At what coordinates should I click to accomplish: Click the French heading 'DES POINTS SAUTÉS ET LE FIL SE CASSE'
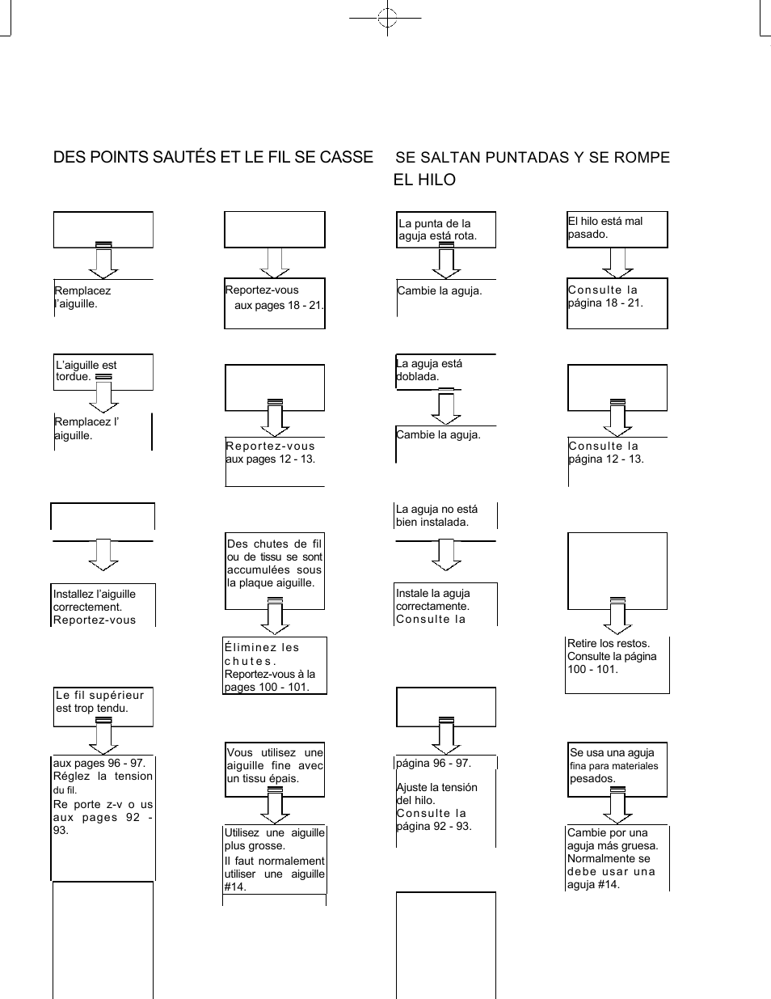pyautogui.click(x=213, y=157)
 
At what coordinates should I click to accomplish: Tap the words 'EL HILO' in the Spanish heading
pyautogui.click(x=424, y=180)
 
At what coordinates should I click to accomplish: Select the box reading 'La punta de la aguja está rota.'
pyautogui.click(x=445, y=230)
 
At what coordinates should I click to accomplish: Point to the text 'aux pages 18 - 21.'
pyautogui.click(x=279, y=306)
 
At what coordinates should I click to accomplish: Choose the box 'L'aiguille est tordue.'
pyautogui.click(x=103, y=371)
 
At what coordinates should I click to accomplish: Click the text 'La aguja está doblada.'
pyautogui.click(x=429, y=370)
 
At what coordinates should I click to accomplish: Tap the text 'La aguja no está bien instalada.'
pyautogui.click(x=437, y=515)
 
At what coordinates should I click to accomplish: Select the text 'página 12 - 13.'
pyautogui.click(x=605, y=459)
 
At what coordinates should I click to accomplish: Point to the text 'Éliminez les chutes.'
pyautogui.click(x=262, y=654)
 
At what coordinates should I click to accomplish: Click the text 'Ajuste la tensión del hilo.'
pyautogui.click(x=436, y=794)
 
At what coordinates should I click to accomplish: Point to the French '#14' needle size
pyautogui.click(x=235, y=887)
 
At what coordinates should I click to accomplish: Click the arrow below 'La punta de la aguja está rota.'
pyautogui.click(x=446, y=264)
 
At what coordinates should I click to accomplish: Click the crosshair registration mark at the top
pyautogui.click(x=388, y=18)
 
